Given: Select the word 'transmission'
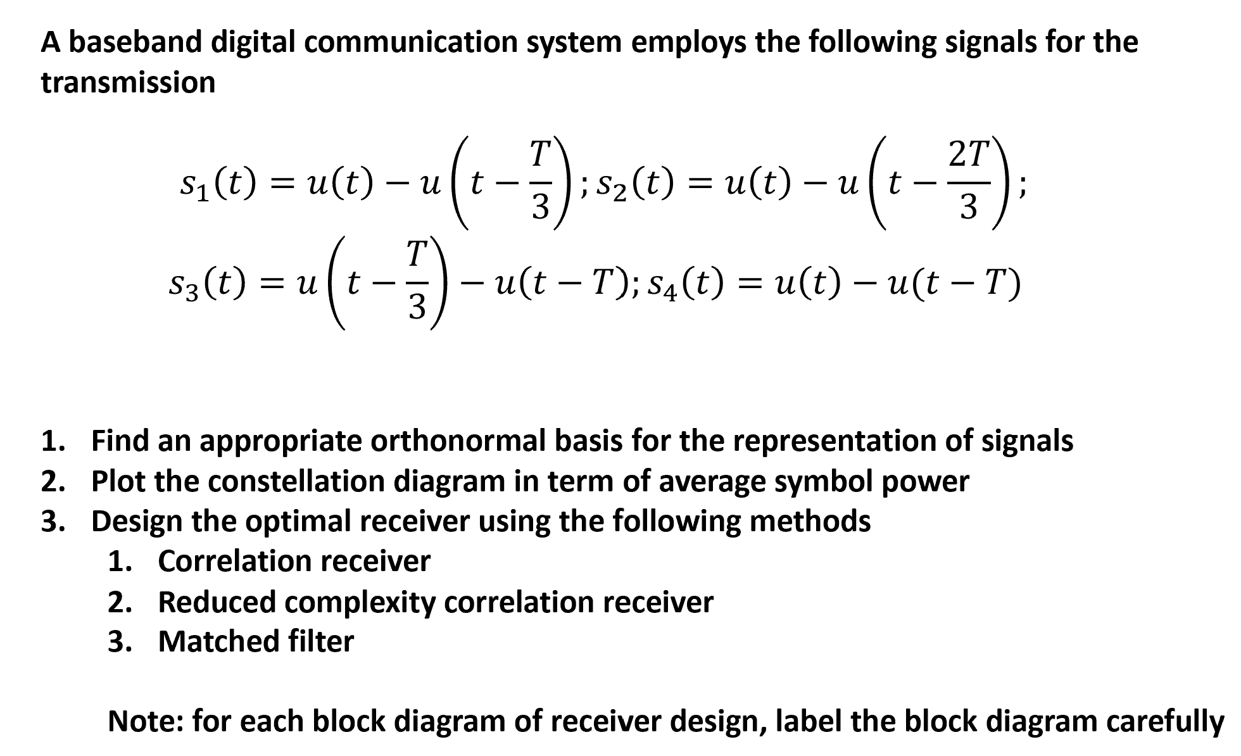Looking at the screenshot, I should point(128,83).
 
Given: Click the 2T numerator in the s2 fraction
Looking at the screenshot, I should point(967,155).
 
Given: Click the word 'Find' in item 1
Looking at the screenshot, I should point(120,441).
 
